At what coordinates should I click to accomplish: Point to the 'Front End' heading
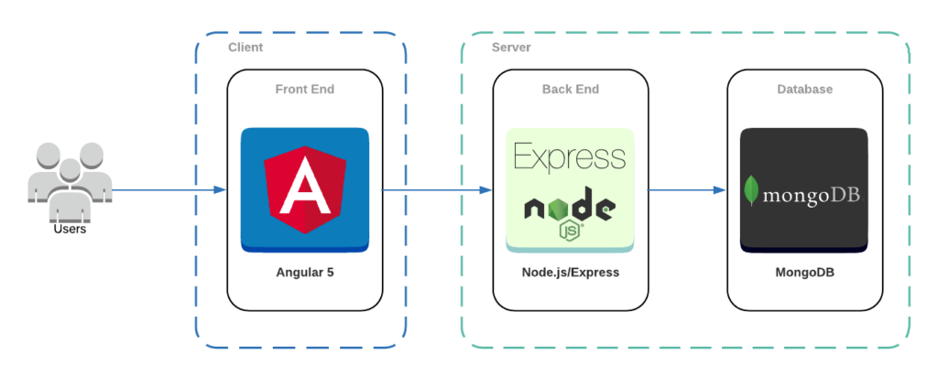point(305,90)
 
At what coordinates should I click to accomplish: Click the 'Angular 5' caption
point(305,273)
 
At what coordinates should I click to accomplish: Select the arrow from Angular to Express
point(435,190)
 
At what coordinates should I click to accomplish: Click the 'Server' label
point(510,47)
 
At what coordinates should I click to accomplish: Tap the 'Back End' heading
point(570,90)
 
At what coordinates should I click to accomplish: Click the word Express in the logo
point(570,156)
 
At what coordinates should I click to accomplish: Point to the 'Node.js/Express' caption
point(570,273)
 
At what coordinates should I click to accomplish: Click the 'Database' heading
point(804,90)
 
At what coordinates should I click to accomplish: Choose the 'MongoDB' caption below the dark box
point(804,273)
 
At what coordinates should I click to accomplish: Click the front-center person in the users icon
point(69,192)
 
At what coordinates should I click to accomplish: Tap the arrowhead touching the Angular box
point(220,190)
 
